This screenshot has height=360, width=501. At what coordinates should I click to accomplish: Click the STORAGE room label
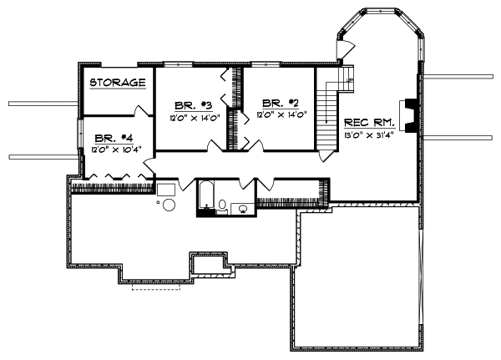118,82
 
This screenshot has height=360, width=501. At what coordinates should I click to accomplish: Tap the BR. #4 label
111,138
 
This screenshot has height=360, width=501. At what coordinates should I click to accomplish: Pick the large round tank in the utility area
169,205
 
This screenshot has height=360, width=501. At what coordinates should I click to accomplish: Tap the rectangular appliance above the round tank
165,189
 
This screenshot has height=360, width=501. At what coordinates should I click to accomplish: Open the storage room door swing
142,109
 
